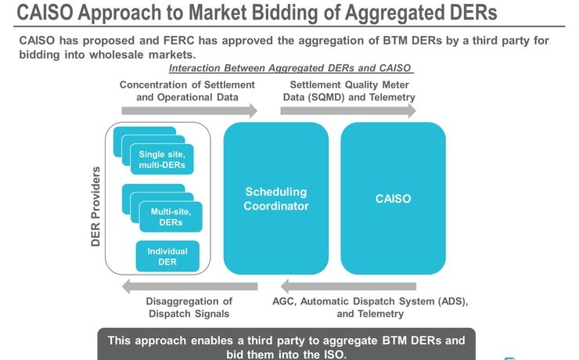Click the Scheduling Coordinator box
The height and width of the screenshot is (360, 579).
pyautogui.click(x=275, y=199)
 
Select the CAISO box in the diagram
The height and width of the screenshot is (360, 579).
pyautogui.click(x=393, y=199)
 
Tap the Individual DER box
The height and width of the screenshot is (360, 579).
pyautogui.click(x=167, y=257)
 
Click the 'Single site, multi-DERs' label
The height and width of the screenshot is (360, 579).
pyautogui.click(x=162, y=160)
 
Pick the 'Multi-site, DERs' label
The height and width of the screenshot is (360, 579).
pyautogui.click(x=171, y=217)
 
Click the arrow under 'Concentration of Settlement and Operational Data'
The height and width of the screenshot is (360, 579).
pyautogui.click(x=189, y=112)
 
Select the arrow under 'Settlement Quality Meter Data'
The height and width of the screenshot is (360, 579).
pyautogui.click(x=348, y=112)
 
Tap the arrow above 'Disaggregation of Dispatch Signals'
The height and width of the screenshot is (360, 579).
pyautogui.click(x=189, y=286)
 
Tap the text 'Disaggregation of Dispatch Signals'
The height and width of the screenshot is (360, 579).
pyautogui.click(x=189, y=308)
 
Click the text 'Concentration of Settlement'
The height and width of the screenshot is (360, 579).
pyautogui.click(x=187, y=85)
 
